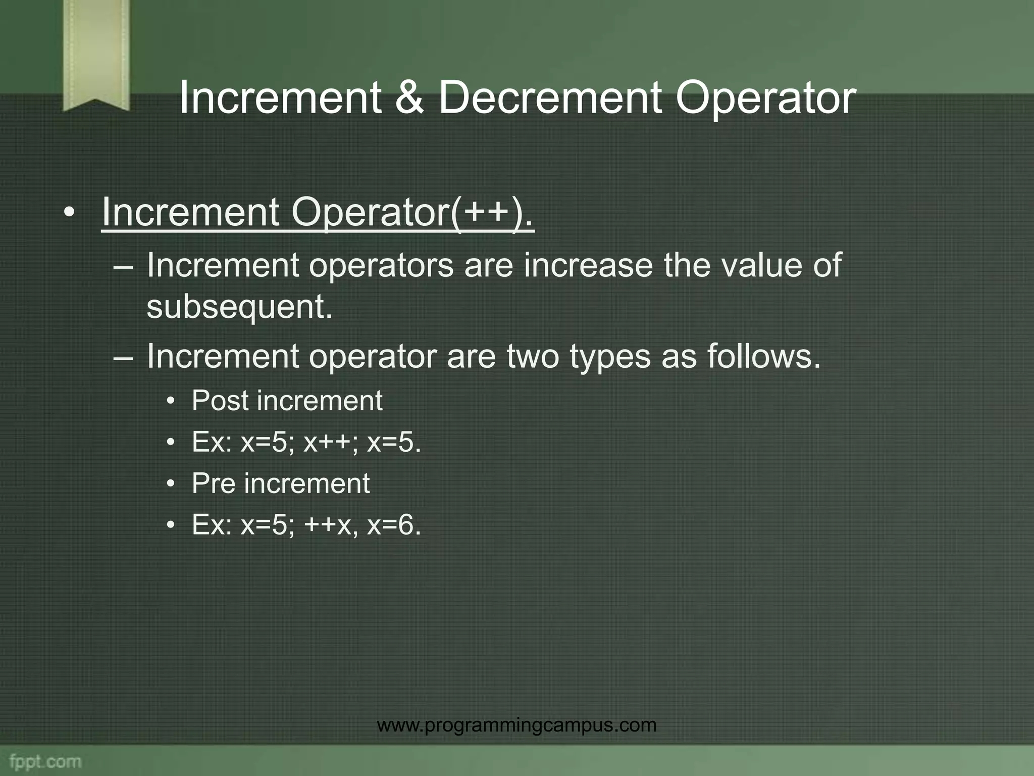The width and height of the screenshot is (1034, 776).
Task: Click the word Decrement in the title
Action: click(x=549, y=98)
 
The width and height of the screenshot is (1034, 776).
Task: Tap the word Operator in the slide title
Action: click(x=765, y=98)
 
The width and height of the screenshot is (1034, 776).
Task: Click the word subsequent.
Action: click(x=239, y=307)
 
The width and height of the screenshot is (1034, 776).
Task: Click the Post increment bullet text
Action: click(x=287, y=401)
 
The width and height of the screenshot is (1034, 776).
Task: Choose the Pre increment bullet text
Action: click(x=281, y=483)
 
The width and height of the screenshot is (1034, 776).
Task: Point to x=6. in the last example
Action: click(x=394, y=525)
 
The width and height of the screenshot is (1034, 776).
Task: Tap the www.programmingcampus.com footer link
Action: click(x=516, y=725)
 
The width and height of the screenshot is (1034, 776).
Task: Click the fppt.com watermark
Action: click(x=45, y=761)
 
